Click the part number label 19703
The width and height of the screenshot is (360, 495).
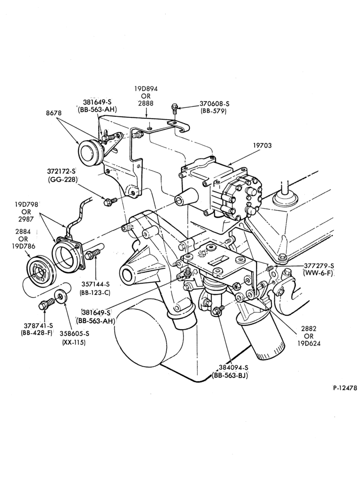(262, 146)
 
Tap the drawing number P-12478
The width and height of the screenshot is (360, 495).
(345, 388)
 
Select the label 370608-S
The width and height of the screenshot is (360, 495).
(214, 103)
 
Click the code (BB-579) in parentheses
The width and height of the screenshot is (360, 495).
(214, 111)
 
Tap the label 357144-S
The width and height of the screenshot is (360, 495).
(95, 285)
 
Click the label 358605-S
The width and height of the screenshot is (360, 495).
(74, 333)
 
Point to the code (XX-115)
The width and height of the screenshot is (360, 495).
(74, 342)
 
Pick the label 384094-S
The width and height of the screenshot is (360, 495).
(233, 367)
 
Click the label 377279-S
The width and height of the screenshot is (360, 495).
(318, 265)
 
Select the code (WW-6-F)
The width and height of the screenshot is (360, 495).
(318, 273)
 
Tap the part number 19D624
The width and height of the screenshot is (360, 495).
(309, 344)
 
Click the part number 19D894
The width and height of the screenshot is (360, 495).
(146, 89)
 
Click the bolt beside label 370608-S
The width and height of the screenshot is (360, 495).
(175, 109)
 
